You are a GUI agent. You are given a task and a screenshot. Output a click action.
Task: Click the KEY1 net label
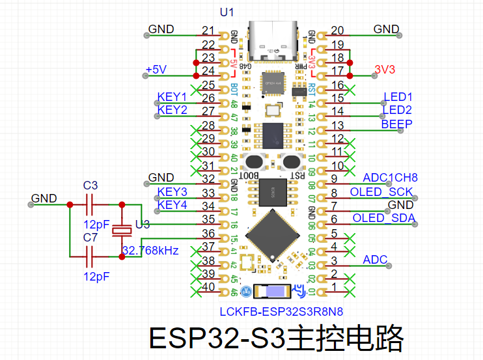tap(172, 97)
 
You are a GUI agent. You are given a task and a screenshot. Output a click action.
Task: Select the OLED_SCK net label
tap(382, 192)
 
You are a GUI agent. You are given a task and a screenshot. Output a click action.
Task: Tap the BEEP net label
tap(396, 124)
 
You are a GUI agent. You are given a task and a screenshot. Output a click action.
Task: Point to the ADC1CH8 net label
tap(390, 178)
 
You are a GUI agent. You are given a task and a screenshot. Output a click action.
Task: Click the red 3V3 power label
tap(385, 70)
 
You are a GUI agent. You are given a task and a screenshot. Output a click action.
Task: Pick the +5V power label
tap(156, 70)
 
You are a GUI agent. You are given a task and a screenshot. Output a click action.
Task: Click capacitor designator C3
tap(90, 186)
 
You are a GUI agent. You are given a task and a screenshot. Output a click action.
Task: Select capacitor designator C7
tap(90, 237)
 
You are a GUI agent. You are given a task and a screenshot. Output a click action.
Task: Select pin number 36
tap(208, 234)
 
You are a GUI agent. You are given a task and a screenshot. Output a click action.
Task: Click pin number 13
tap(337, 125)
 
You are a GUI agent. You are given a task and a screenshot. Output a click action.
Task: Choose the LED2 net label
tap(398, 110)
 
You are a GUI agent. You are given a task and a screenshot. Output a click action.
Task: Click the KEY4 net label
tap(172, 205)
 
